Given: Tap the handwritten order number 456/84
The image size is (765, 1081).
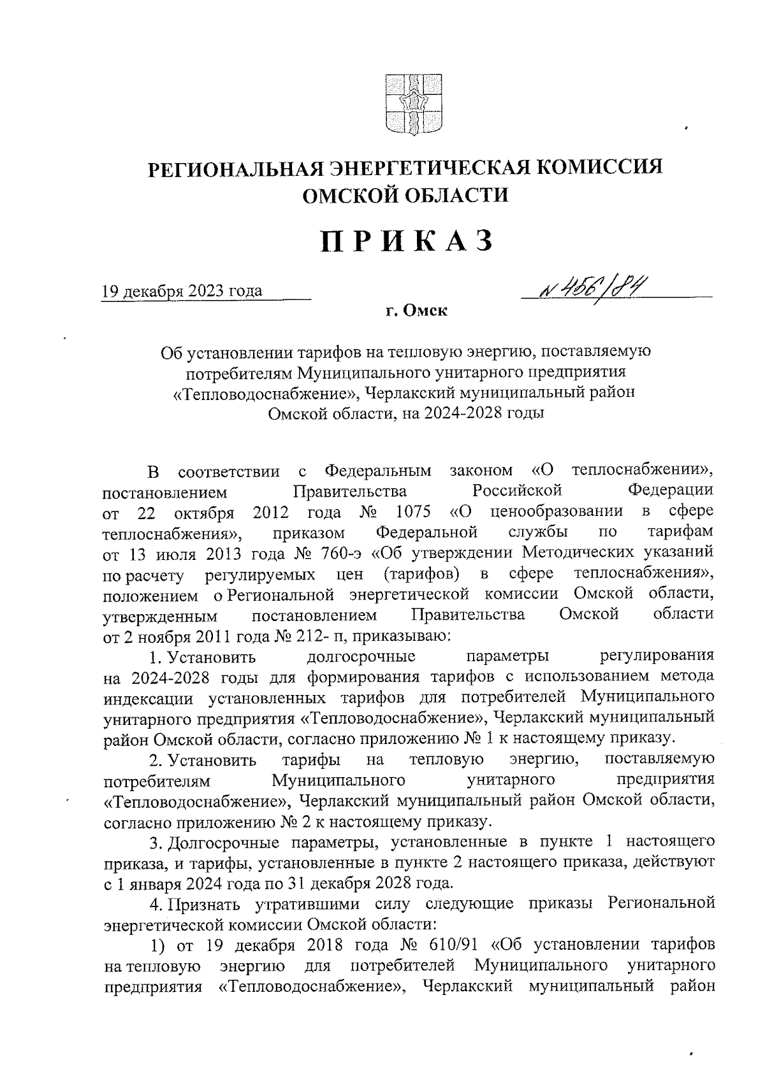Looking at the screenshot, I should [594, 290].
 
